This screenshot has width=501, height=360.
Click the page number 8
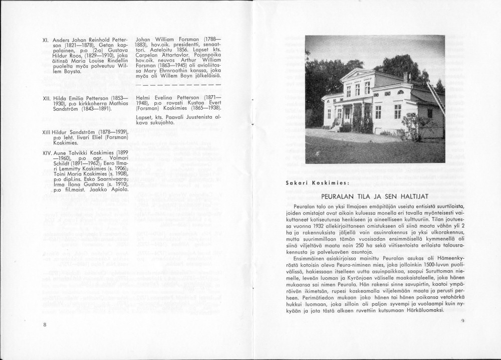tap(45, 324)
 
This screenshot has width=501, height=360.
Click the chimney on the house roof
tap(406, 76)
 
